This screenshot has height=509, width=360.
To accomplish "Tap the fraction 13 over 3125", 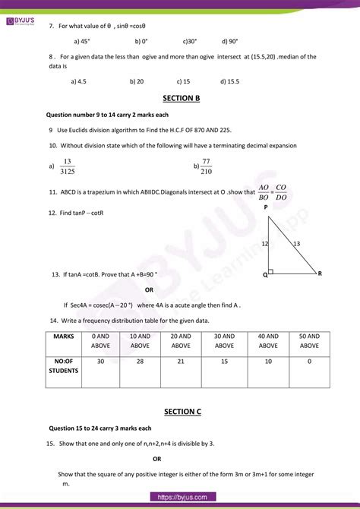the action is [x=68, y=167].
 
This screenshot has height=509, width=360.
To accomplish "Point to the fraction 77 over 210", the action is [x=206, y=166].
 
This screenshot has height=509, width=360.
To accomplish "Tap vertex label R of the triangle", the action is [x=320, y=273].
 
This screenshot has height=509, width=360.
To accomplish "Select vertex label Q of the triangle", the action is [x=265, y=275].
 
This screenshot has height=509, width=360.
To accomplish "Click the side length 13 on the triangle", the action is [x=297, y=243].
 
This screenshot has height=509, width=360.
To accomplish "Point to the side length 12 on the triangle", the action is [x=265, y=244].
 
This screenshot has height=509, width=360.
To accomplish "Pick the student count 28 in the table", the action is [x=140, y=362].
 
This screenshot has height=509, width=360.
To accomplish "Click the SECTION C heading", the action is [x=182, y=411].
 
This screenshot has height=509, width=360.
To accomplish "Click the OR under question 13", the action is [x=149, y=289].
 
